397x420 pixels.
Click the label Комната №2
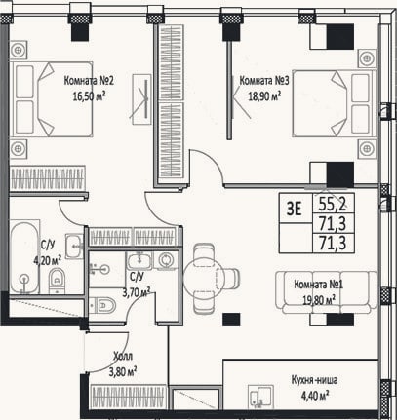pyautogui.click(x=89, y=81)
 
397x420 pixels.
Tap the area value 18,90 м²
pyautogui.click(x=264, y=96)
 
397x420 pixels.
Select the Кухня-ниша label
pyautogui.click(x=314, y=380)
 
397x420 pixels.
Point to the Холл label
pyautogui.click(x=123, y=357)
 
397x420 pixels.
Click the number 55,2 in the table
pyautogui.click(x=333, y=204)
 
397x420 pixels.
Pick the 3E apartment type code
pyautogui.click(x=294, y=209)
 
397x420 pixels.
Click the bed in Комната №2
pyautogui.click(x=52, y=99)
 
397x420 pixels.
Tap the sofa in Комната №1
pyautogui.click(x=327, y=292)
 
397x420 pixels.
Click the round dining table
pyautogui.click(x=204, y=278)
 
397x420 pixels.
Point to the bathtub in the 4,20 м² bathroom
pyautogui.click(x=24, y=257)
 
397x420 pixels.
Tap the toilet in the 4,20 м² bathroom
pyautogui.click(x=58, y=281)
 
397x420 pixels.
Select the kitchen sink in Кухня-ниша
pyautogui.click(x=260, y=397)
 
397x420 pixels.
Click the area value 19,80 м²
pyautogui.click(x=319, y=300)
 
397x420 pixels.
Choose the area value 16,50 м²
pyautogui.click(x=89, y=96)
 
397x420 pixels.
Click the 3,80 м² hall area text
pyautogui.click(x=123, y=371)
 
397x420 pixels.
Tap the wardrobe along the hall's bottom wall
pyautogui.click(x=129, y=397)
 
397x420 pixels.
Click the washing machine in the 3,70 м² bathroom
pyautogui.click(x=166, y=260)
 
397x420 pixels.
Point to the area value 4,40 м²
pyautogui.click(x=314, y=396)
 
